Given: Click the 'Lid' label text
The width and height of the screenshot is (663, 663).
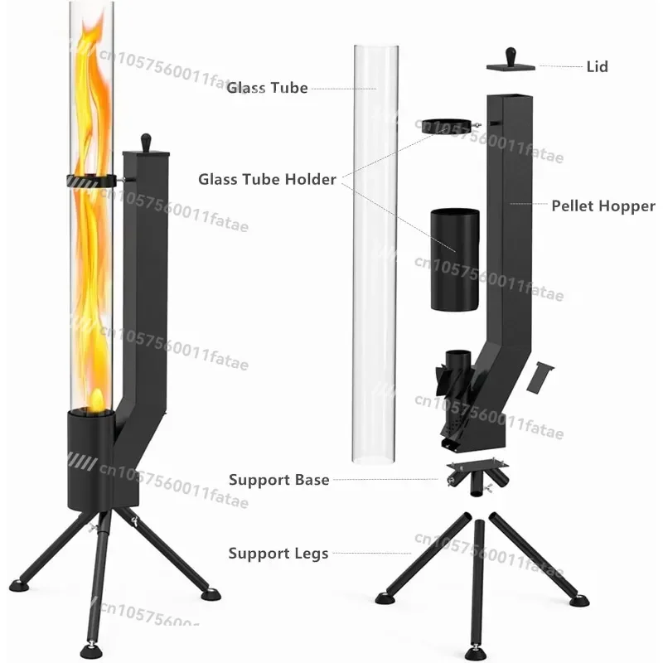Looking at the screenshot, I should [597, 66].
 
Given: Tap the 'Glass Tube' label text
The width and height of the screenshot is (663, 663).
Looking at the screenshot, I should [268, 88].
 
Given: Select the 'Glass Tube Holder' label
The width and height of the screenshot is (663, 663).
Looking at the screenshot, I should [267, 179].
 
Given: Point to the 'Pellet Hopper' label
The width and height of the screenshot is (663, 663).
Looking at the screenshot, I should [603, 206].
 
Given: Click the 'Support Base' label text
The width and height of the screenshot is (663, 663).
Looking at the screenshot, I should [279, 480].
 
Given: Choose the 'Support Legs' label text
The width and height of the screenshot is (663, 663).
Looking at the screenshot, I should [278, 553].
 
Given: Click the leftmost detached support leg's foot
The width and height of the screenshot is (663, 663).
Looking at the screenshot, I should [385, 597].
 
